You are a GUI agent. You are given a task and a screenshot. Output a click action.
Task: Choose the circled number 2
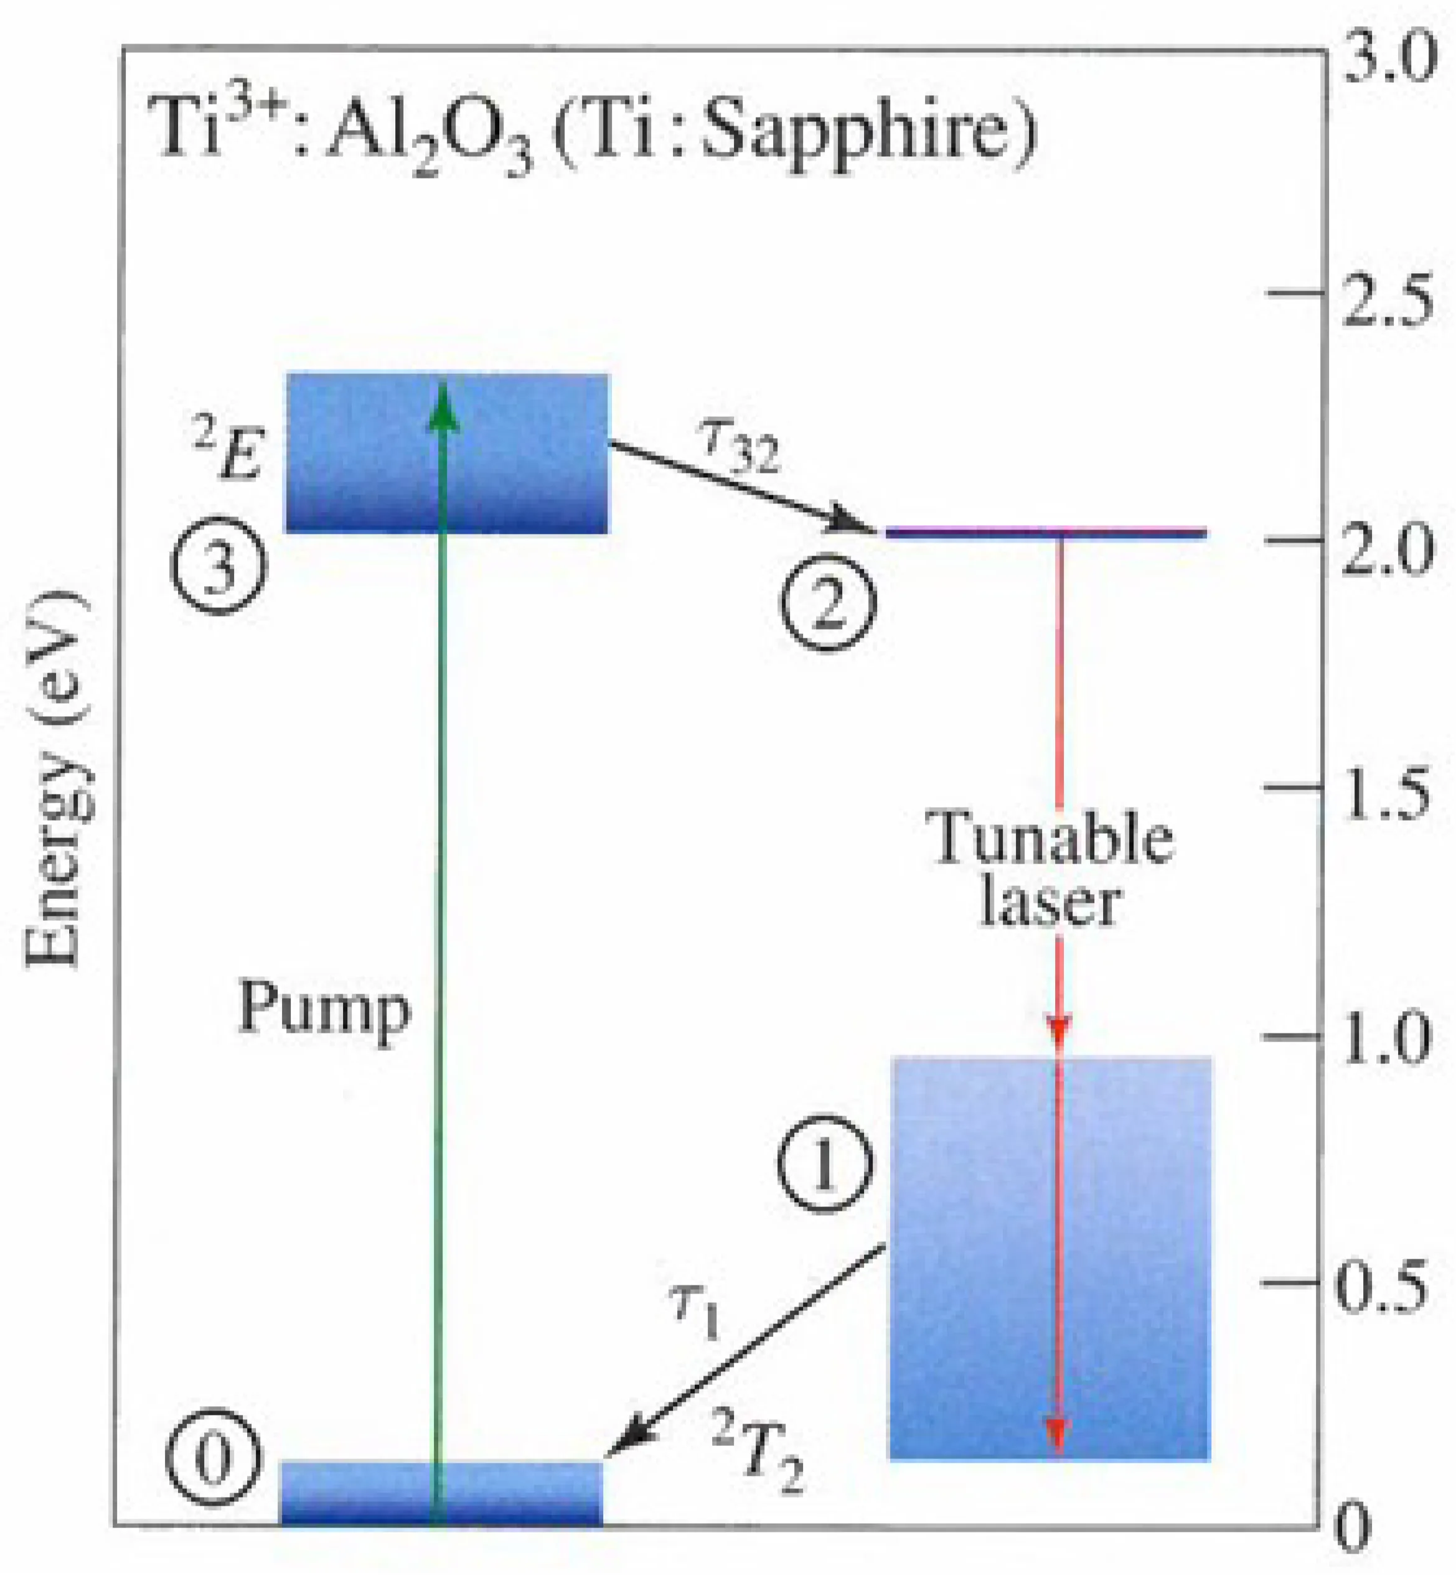828,605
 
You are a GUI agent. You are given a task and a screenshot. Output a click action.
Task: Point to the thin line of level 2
1047,533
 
